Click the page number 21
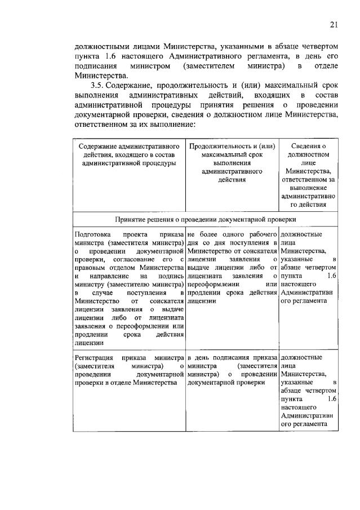(x=333, y=24)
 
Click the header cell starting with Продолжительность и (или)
(x=233, y=163)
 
